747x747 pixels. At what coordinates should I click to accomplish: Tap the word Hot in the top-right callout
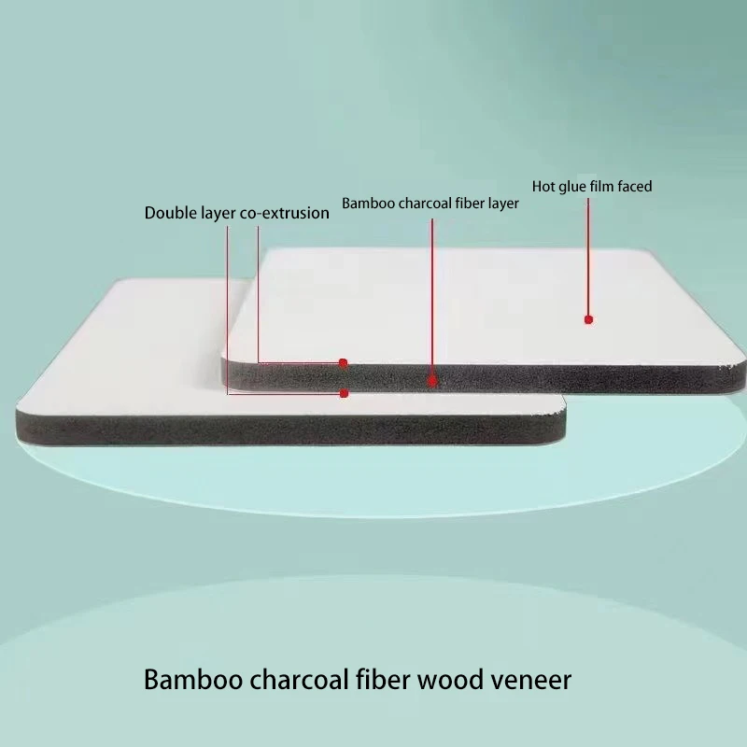pyautogui.click(x=543, y=186)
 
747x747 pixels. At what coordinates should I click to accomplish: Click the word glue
pyautogui.click(x=575, y=186)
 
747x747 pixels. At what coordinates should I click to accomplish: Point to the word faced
pyautogui.click(x=634, y=186)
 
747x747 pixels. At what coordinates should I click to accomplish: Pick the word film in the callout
pyautogui.click(x=604, y=186)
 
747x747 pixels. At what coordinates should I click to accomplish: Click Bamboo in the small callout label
pyautogui.click(x=365, y=203)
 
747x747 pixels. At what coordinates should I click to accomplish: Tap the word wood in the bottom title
pyautogui.click(x=447, y=679)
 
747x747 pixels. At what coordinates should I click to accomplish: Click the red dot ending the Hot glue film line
pyautogui.click(x=588, y=319)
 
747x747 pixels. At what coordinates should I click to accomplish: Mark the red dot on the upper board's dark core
pyautogui.click(x=432, y=380)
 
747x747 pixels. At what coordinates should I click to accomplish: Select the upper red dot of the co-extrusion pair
pyautogui.click(x=344, y=362)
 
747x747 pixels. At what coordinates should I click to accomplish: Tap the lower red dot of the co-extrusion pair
pyautogui.click(x=344, y=393)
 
